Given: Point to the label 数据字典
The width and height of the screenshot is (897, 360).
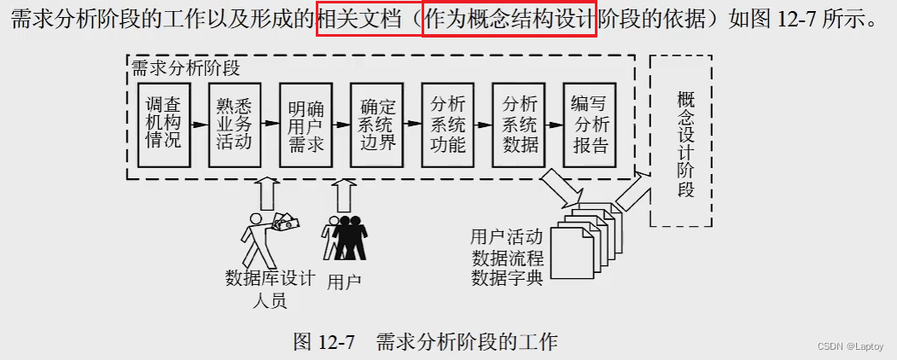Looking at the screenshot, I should click(507, 277).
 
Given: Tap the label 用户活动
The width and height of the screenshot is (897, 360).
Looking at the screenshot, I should click(507, 236).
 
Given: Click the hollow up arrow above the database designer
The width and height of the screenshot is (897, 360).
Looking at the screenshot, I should click(266, 195).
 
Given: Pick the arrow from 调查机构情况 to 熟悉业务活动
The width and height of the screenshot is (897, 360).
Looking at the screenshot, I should click(199, 125).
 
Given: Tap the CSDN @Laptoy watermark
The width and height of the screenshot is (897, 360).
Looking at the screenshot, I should click(851, 346).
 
